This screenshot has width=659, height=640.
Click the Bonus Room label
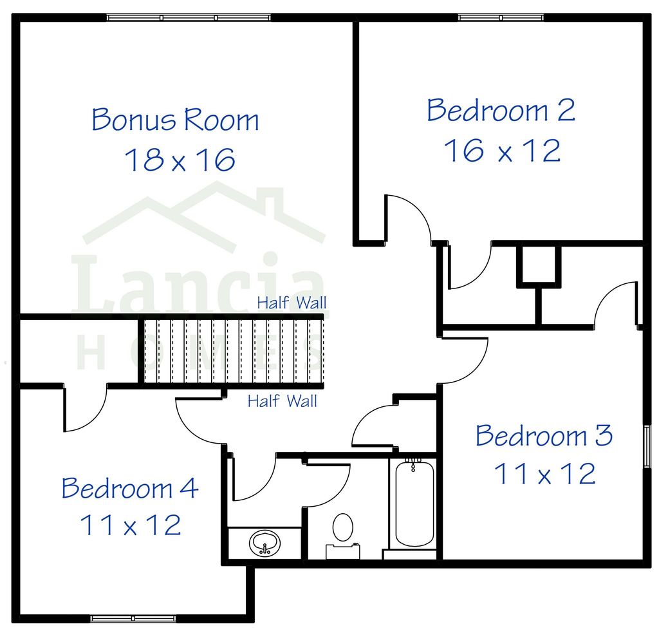pyautogui.click(x=175, y=120)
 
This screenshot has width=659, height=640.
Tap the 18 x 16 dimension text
pyautogui.click(x=180, y=160)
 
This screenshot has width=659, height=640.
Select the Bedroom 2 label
pyautogui.click(x=501, y=110)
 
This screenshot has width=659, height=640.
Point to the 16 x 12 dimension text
pyautogui.click(x=502, y=151)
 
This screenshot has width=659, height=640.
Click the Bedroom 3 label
pyautogui.click(x=544, y=436)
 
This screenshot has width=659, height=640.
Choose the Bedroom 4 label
pyautogui.click(x=129, y=488)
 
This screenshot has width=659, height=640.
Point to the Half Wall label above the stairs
pyautogui.click(x=292, y=303)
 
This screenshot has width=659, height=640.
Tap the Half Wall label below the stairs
pyautogui.click(x=283, y=402)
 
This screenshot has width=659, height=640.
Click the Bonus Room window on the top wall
pyautogui.click(x=188, y=17)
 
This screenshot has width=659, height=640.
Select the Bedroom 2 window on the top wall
pyautogui.click(x=501, y=17)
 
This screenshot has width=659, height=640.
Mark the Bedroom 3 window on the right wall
pyautogui.click(x=646, y=445)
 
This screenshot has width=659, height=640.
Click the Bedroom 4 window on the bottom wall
pyautogui.click(x=133, y=619)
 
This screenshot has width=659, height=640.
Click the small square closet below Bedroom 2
pyautogui.click(x=538, y=264)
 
